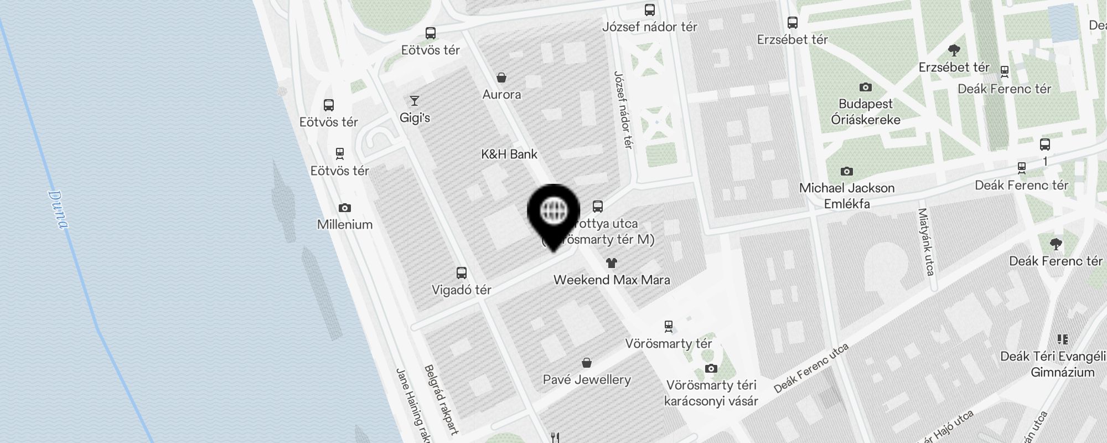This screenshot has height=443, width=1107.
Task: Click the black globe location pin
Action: pos(553,213)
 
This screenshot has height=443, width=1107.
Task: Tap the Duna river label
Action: pos(58,209)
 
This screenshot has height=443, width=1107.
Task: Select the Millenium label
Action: pos(344,224)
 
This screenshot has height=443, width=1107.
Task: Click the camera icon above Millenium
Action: pos(345,208)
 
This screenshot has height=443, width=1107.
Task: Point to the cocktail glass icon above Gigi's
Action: pos(414,101)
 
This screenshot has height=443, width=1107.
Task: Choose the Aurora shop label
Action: pos(501,94)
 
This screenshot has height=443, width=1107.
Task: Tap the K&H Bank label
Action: pos(509,154)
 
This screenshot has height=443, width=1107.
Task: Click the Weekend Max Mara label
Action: pos(612,280)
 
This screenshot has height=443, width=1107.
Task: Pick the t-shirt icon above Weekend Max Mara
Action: pos(611,262)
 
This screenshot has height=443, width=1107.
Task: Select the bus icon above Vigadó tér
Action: pos(462,272)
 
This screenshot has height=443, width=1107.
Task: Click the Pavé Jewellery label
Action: pos(587,379)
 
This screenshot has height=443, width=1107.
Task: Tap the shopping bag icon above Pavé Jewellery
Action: pos(587,363)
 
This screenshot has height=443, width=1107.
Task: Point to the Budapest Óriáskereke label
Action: pos(866,112)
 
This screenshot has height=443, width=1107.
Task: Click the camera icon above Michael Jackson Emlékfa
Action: pos(846,171)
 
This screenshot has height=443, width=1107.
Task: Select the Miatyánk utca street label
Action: pos(927,241)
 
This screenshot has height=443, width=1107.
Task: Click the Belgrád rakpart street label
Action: pos(441,399)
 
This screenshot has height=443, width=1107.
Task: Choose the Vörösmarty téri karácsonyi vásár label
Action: pos(711,393)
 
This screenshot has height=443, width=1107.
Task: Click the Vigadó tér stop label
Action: pos(462,290)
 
